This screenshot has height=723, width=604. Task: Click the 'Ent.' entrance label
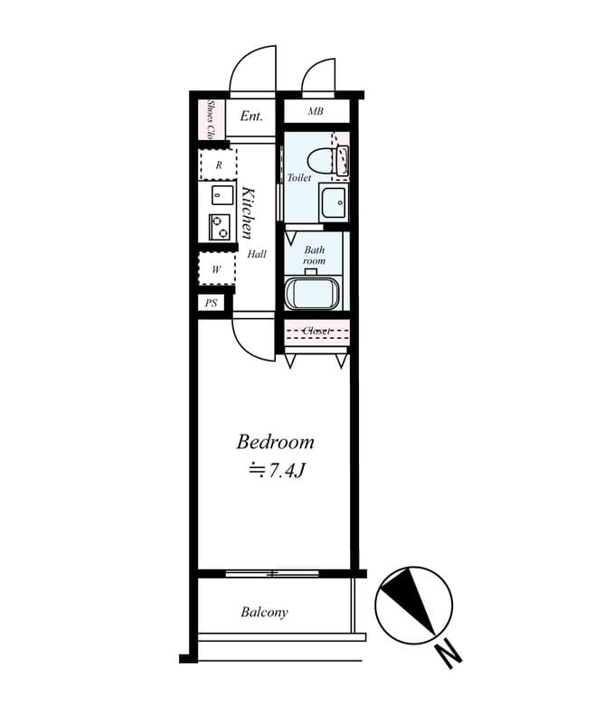(x=251, y=116)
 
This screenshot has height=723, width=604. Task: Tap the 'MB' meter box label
(x=315, y=112)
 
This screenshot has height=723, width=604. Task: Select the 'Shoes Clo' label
(x=210, y=119)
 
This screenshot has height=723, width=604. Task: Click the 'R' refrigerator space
(x=218, y=165)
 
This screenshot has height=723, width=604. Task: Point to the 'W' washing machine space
(x=217, y=269)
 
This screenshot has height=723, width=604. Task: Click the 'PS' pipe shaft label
(x=212, y=303)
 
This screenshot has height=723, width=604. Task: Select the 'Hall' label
(x=257, y=255)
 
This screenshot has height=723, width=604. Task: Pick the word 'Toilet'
(x=299, y=178)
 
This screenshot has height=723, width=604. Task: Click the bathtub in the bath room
(x=312, y=293)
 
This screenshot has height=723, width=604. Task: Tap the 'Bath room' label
(x=314, y=255)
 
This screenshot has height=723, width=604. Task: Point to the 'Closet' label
(x=316, y=331)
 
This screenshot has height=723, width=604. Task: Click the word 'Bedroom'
(x=276, y=442)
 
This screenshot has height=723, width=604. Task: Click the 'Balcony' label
(x=264, y=612)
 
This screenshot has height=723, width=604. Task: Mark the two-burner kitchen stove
(x=220, y=226)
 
